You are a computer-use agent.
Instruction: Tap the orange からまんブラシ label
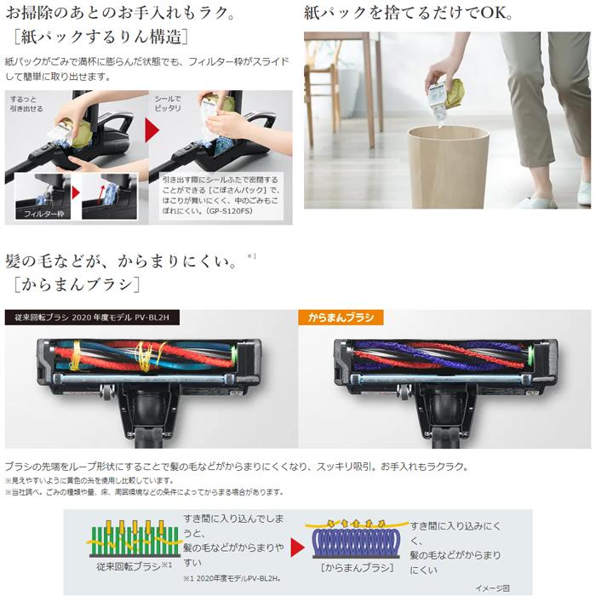(341, 318)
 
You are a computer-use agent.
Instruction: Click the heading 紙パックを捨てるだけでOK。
(409, 14)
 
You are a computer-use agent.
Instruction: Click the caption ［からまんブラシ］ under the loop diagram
(358, 568)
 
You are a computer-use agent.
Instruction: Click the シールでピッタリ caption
(168, 106)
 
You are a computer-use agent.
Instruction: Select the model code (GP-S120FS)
(253, 216)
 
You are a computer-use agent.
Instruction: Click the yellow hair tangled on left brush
(77, 353)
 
